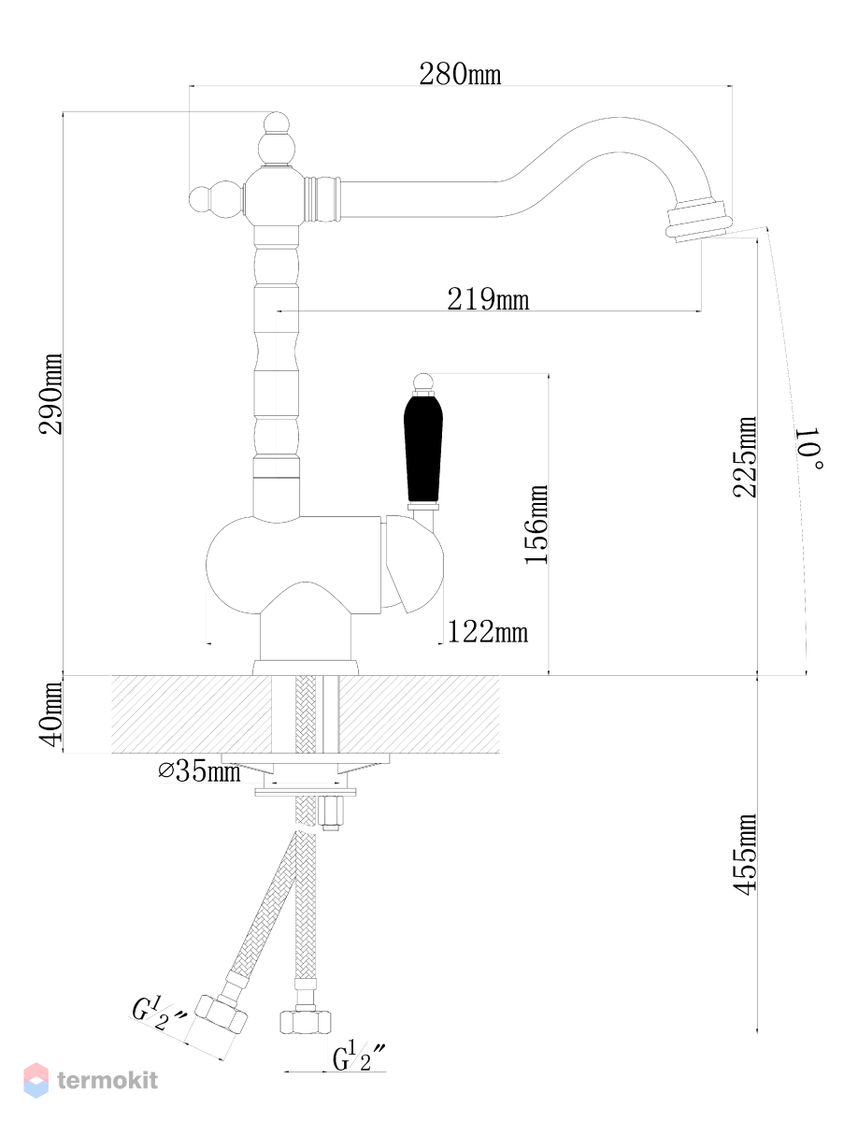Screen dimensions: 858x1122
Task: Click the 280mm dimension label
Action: [x=460, y=74]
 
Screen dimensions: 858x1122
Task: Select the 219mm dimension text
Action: [x=488, y=299]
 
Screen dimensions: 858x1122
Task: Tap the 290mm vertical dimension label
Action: [x=50, y=394]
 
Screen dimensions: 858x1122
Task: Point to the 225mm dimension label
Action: [x=744, y=456]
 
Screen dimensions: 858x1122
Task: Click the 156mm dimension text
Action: [x=536, y=525]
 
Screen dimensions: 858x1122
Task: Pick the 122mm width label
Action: [x=488, y=632]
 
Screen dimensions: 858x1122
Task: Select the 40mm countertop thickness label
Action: [x=50, y=713]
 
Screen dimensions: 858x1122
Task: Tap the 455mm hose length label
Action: [x=745, y=855]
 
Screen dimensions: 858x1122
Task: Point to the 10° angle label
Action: [x=809, y=448]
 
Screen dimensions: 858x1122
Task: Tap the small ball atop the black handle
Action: [x=423, y=381]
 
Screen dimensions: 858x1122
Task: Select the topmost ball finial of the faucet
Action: [x=277, y=122]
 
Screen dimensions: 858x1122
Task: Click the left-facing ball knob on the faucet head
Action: [x=208, y=199]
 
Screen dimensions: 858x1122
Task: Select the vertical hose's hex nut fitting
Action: [x=305, y=1022]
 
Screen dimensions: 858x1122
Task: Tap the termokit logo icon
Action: [x=36, y=1081]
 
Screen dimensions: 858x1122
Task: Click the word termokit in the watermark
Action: [x=107, y=1081]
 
